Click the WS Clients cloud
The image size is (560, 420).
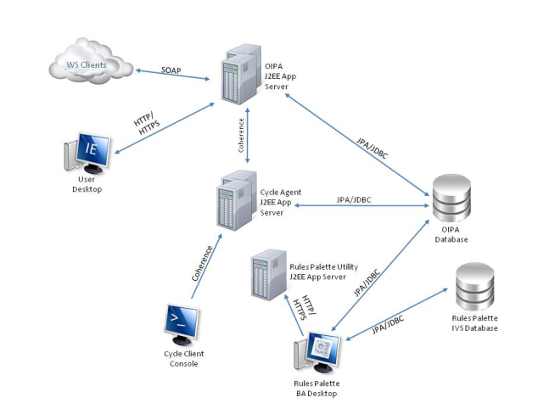point(89,61)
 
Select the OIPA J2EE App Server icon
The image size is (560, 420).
point(238,76)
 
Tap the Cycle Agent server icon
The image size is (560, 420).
point(237,201)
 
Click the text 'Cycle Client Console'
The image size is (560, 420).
point(183,359)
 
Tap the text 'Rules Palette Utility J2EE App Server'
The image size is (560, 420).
point(311,271)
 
